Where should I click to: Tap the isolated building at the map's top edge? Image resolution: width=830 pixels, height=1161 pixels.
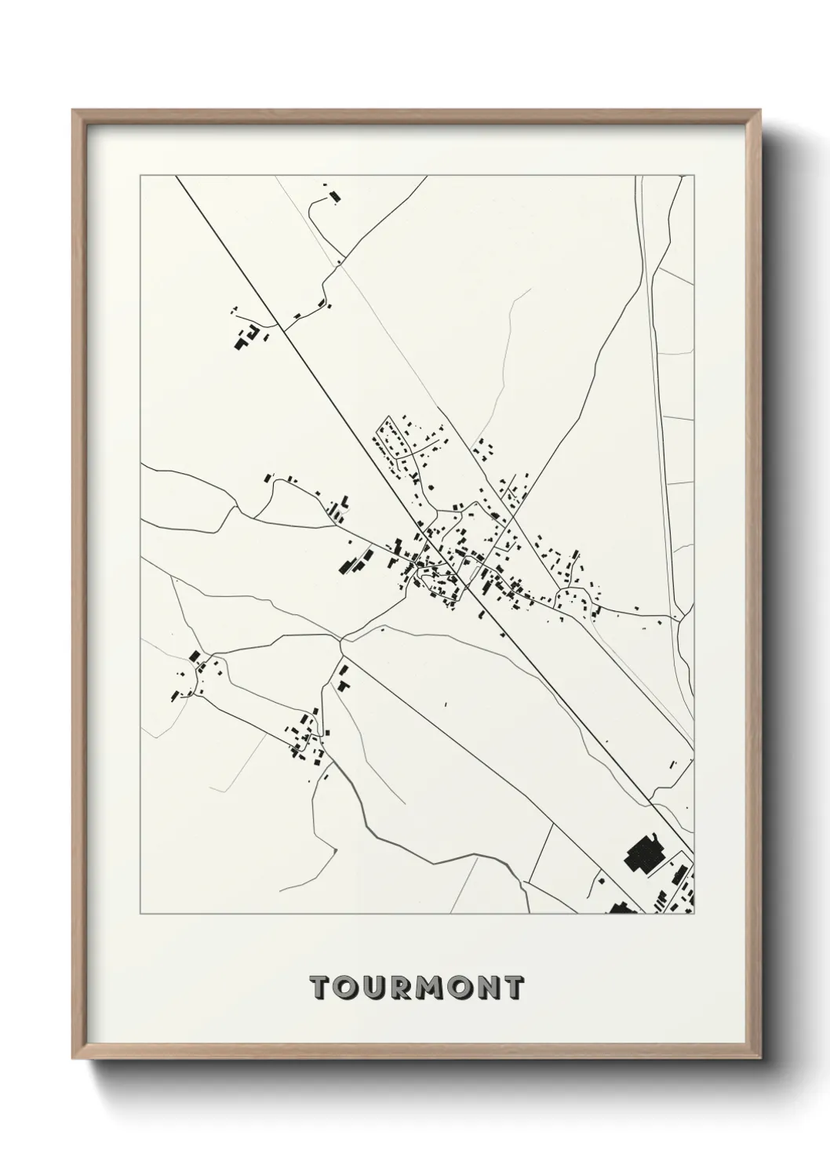click(x=335, y=195)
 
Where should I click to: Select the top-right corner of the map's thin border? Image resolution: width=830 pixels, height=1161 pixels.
click(x=693, y=177)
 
